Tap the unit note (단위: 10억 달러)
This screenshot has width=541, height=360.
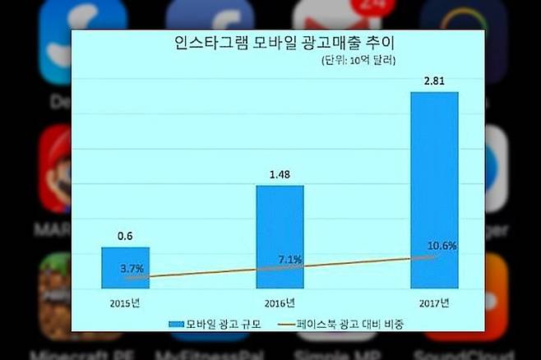(x=358, y=61)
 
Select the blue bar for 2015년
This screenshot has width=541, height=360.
(x=126, y=267)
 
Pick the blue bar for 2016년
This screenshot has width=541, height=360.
(x=280, y=236)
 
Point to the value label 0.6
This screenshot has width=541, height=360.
(x=126, y=236)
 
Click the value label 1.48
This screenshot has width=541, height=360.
(x=280, y=175)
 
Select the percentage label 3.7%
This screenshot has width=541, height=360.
(x=132, y=268)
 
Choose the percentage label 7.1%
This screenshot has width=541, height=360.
(x=290, y=260)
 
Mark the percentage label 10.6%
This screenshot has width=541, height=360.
(x=442, y=246)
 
